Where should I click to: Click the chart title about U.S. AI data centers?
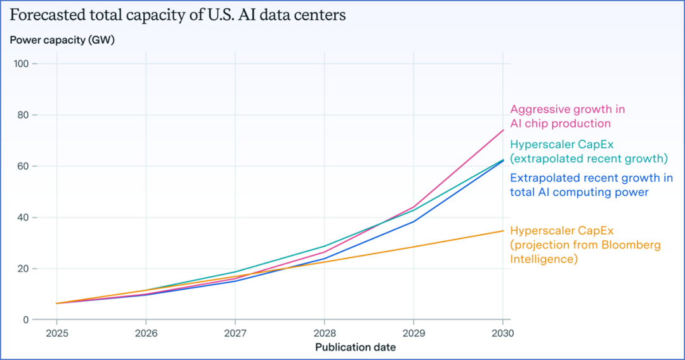pos(178,15)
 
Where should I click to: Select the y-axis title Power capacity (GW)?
pos(62,40)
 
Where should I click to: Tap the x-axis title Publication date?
pos(355,347)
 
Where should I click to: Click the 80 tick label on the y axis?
pos(23,115)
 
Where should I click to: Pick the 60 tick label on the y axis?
pos(23,167)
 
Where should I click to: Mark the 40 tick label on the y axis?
pos(23,217)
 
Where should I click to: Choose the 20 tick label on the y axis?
pos(23,269)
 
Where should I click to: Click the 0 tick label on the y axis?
pos(25,320)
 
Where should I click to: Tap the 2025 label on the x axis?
pos(56,333)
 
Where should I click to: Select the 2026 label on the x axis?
pos(146,333)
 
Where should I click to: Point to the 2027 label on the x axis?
pos(235,333)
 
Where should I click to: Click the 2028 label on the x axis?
pos(324,333)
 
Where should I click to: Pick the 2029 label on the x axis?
pos(414,333)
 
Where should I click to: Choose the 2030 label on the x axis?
pos(502,333)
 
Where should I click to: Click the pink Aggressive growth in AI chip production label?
pos(568,117)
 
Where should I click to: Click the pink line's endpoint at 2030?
pos(503,130)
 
